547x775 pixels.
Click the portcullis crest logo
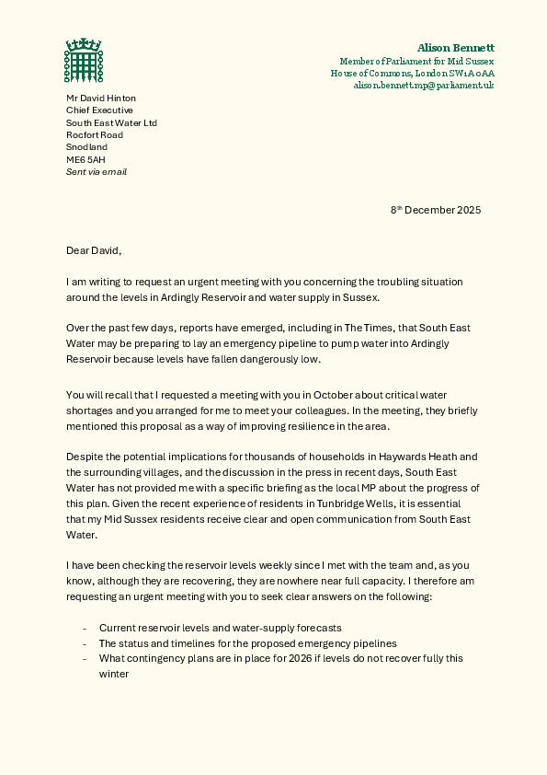83,61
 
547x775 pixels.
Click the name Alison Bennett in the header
455,47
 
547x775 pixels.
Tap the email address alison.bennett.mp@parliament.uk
424,85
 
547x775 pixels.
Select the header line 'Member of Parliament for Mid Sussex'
416,60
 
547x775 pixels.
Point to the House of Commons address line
412,73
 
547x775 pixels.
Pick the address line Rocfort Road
94,134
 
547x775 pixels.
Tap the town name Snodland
86,147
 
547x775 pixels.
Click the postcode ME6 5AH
85,159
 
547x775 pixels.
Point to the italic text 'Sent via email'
96,171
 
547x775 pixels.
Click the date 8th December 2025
436,210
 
